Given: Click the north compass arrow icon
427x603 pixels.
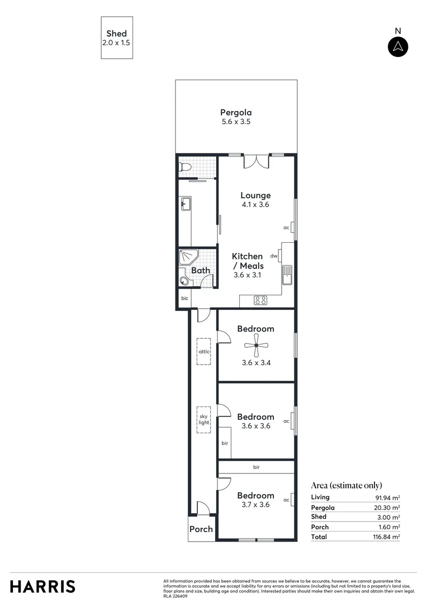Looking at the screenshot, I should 398,47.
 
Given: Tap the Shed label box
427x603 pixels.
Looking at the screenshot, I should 117,37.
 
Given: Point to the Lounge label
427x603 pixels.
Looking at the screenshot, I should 255,195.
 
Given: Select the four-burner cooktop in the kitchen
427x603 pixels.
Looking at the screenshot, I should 260,300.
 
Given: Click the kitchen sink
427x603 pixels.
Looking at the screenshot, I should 287,274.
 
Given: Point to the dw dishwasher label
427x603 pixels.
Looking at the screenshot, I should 274,256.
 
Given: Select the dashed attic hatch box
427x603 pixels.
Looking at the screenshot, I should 203,352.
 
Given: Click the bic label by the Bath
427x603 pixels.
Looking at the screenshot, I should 184,299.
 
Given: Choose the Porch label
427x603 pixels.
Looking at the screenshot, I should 201,529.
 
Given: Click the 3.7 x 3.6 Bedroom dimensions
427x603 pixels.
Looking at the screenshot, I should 255,505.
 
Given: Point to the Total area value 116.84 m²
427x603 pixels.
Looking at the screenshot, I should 387,537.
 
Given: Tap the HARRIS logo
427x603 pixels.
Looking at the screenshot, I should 42,586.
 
